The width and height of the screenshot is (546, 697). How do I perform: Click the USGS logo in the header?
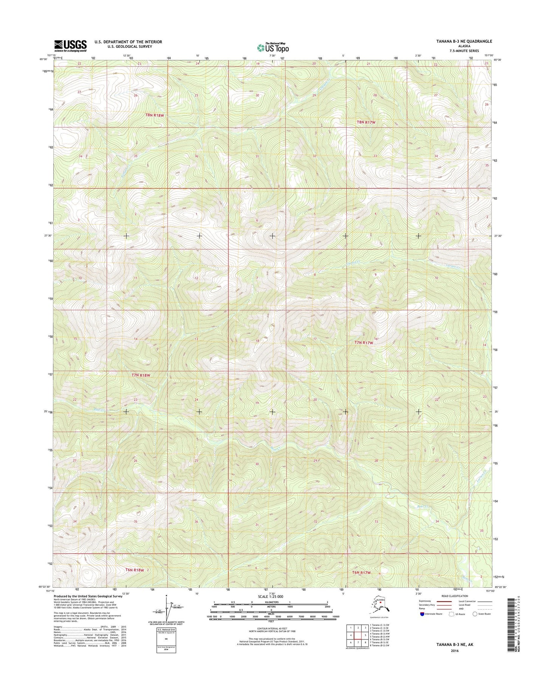tap(71, 45)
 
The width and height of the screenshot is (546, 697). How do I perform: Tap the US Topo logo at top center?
tap(273, 47)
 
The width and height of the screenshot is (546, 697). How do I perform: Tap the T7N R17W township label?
tap(363, 342)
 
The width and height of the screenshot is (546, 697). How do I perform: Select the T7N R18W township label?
tap(141, 375)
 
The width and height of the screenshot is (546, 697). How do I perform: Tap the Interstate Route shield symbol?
tap(422, 614)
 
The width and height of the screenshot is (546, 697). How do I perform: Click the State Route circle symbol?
tap(475, 614)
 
